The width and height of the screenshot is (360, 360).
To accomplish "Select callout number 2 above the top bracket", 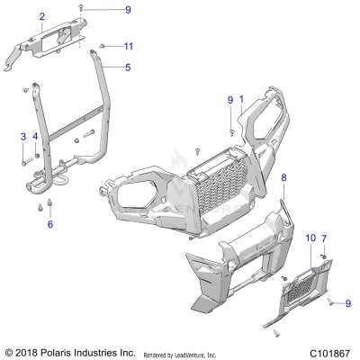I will pyautogui.click(x=41, y=17).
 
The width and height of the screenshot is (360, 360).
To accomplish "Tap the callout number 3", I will pyautogui.click(x=22, y=136).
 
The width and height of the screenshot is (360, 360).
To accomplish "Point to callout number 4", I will pyautogui.click(x=35, y=136).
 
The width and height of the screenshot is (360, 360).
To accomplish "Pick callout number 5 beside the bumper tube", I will pyautogui.click(x=128, y=67).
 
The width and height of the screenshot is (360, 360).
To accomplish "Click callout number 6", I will pyautogui.click(x=50, y=224).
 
